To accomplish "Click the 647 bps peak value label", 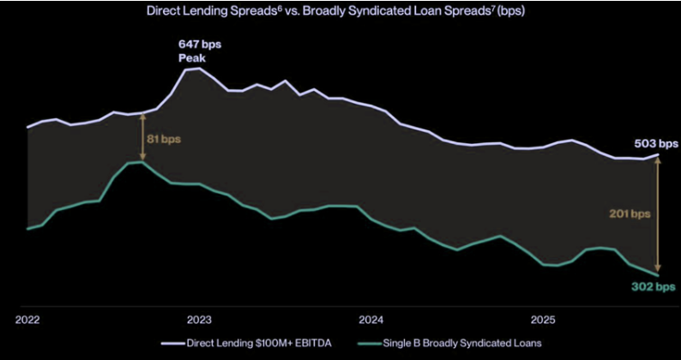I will click(x=198, y=44).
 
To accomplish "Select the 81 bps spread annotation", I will click(x=165, y=137).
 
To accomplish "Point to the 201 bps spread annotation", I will click(x=630, y=213).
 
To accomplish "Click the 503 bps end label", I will click(x=656, y=143).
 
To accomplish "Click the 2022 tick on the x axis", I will click(x=27, y=320).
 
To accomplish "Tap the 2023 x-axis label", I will click(x=199, y=320).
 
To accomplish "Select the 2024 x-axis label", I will click(x=371, y=320).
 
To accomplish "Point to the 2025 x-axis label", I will click(x=542, y=320).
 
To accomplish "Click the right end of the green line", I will click(x=658, y=274).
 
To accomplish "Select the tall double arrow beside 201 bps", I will click(x=658, y=214).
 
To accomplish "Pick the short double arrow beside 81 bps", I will click(x=142, y=137).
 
